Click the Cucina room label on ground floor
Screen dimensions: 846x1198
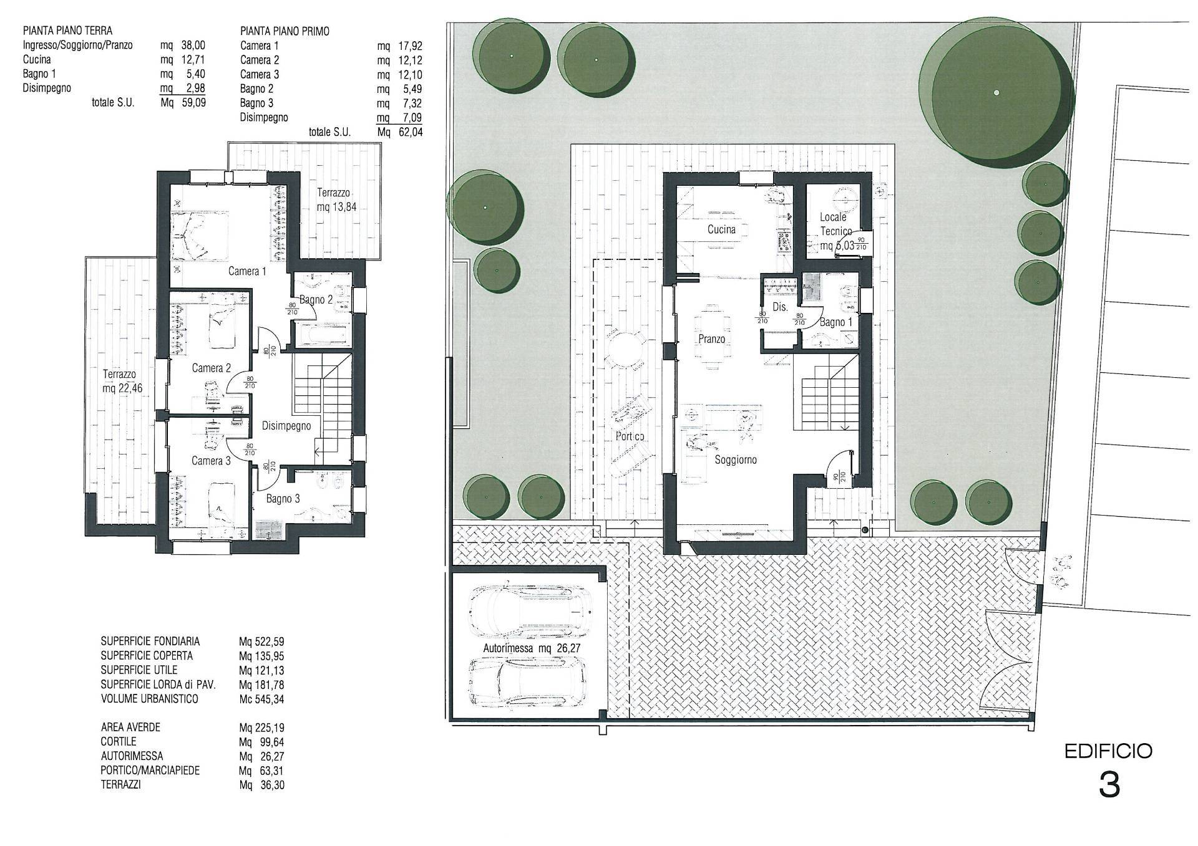click(721, 229)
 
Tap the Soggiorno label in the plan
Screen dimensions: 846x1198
click(736, 459)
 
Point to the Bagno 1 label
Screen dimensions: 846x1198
click(835, 322)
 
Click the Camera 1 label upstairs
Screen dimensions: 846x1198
click(247, 271)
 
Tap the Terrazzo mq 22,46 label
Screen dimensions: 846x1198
click(122, 382)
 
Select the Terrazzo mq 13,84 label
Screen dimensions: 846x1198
click(336, 199)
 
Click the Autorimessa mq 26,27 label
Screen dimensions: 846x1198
click(532, 648)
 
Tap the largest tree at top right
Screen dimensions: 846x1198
click(996, 92)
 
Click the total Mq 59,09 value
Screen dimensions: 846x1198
click(191, 103)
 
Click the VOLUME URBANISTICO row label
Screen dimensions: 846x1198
click(149, 699)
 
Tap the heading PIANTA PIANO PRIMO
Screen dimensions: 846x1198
click(285, 31)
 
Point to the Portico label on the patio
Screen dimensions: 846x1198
click(630, 436)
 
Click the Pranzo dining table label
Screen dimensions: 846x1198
click(711, 339)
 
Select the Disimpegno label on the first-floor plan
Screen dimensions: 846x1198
click(286, 426)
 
